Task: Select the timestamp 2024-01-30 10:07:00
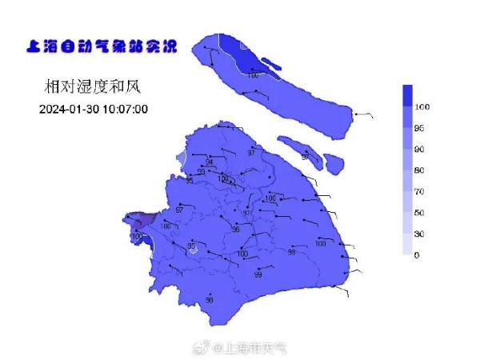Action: pyautogui.click(x=94, y=109)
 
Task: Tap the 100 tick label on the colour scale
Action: pyautogui.click(x=422, y=107)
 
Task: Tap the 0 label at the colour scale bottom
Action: pyautogui.click(x=416, y=255)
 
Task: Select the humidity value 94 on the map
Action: pyautogui.click(x=209, y=162)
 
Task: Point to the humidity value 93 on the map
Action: pyautogui.click(x=201, y=171)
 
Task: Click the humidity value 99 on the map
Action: pyautogui.click(x=258, y=274)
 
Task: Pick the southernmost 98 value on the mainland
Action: pyautogui.click(x=209, y=299)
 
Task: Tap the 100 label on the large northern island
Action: pyautogui.click(x=253, y=74)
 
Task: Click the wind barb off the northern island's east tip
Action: pyautogui.click(x=362, y=116)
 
